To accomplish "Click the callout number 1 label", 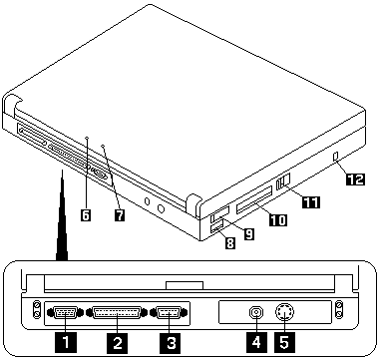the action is pyautogui.click(x=66, y=342).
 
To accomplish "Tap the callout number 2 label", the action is pyautogui.click(x=118, y=342).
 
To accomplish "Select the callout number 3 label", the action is pyautogui.click(x=171, y=342).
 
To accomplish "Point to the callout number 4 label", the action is pyautogui.click(x=256, y=342).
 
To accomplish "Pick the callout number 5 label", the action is pyautogui.click(x=284, y=342).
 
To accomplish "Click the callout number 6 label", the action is pyautogui.click(x=86, y=215).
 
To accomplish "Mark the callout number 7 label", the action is pyautogui.click(x=119, y=215).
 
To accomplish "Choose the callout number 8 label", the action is pyautogui.click(x=229, y=243).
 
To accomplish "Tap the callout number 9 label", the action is pyautogui.click(x=248, y=234).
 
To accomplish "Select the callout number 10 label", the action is pyautogui.click(x=278, y=219).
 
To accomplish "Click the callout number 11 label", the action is pyautogui.click(x=311, y=201).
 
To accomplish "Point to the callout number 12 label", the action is pyautogui.click(x=355, y=179).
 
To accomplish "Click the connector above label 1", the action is pyautogui.click(x=65, y=312).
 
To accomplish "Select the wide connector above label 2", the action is pyautogui.click(x=117, y=313).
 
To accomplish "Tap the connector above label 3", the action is pyautogui.click(x=169, y=313).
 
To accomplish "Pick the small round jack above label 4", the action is pyautogui.click(x=256, y=313).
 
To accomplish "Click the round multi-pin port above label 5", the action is pyautogui.click(x=285, y=312).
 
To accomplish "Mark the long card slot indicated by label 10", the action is pyautogui.click(x=254, y=200).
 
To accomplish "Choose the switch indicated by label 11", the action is pyautogui.click(x=283, y=181).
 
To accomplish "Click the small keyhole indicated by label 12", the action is pyautogui.click(x=335, y=157).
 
